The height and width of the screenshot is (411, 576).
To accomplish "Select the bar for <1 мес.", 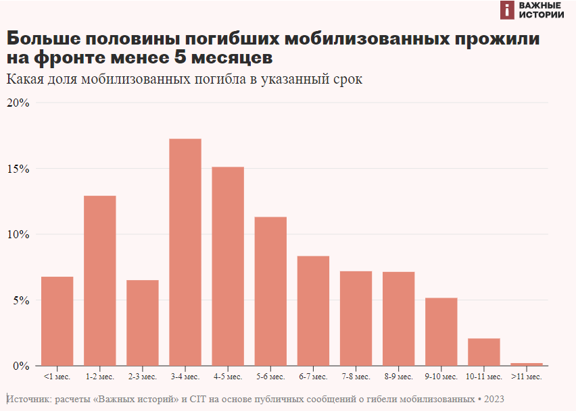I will (57, 321).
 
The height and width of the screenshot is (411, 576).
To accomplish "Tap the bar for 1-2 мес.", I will (100, 280).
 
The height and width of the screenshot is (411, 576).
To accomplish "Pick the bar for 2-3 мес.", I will (143, 323).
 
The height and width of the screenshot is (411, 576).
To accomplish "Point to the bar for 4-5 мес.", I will (228, 266).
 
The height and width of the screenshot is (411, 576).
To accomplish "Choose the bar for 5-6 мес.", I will (270, 291).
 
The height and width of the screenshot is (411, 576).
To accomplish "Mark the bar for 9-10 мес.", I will (441, 331).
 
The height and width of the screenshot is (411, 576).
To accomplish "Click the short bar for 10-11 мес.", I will (484, 352).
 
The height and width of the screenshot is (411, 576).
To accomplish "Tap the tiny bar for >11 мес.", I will (527, 364).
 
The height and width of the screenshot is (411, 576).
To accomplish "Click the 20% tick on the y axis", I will (18, 103).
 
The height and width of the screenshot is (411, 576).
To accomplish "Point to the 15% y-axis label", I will (18, 169).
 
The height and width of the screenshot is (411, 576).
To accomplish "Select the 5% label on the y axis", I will (21, 300).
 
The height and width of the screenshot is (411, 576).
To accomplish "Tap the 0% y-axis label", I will (21, 366).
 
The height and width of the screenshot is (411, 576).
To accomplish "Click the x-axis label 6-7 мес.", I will (313, 376).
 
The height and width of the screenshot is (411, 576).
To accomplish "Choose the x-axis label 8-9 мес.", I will (398, 376).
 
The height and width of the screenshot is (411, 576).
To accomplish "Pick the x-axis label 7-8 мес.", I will (356, 376).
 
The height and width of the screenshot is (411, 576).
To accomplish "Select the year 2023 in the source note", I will (494, 399).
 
